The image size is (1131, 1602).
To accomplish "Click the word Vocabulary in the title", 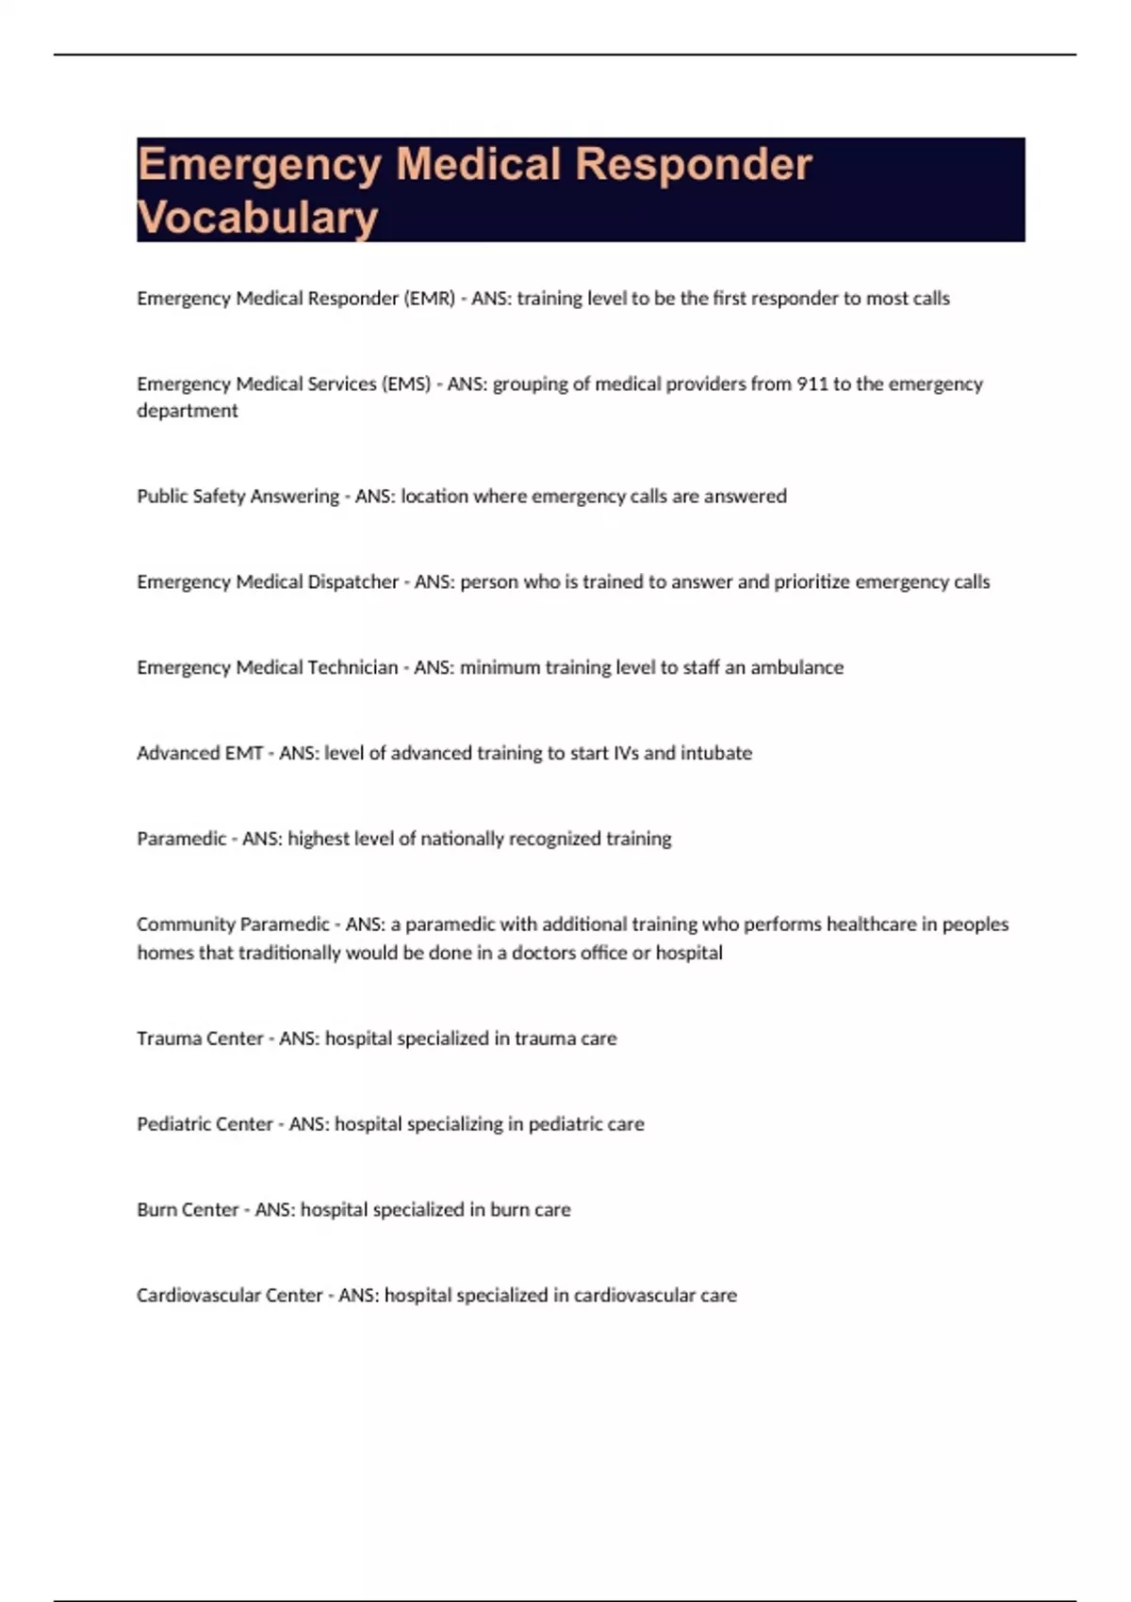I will (x=257, y=218).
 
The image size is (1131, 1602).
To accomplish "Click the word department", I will (x=187, y=411).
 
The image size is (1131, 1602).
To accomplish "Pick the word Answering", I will (x=294, y=497).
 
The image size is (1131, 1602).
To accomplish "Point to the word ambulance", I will (x=796, y=668).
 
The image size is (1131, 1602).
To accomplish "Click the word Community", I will (x=184, y=925).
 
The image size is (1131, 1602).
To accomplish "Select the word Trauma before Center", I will (x=167, y=1038).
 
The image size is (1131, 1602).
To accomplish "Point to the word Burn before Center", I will (x=157, y=1210).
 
